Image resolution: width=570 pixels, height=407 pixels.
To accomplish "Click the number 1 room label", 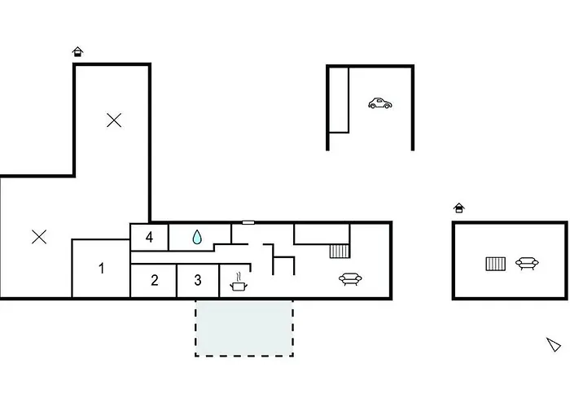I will pos(102,268).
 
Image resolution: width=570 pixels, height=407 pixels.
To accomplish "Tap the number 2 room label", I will pos(154,281).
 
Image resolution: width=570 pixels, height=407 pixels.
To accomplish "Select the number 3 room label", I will pos(198,281).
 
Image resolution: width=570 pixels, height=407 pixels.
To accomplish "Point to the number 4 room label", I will pos(149,238).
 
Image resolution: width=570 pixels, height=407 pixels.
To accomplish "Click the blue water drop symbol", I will pos(196,237).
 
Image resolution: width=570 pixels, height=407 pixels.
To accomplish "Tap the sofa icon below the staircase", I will pos(351,279).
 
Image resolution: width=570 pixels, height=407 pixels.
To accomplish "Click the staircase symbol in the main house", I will pos(340,251).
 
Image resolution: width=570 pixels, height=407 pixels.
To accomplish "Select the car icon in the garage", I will pos(380,103).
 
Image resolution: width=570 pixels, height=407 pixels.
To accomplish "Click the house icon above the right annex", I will pos(459,208).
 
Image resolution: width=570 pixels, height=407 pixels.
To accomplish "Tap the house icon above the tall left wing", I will pos(77,51).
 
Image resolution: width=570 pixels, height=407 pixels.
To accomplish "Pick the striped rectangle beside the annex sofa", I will pos(495,264).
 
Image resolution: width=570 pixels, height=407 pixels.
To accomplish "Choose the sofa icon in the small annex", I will pos(526,263).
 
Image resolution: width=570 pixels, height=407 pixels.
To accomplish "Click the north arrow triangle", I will pos(554,344).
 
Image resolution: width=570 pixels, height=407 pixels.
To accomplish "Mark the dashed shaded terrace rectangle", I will pos(243,327).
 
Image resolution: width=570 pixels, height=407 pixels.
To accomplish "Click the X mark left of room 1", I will pos(38,237).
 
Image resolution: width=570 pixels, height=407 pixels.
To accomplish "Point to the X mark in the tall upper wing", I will pos(114,120).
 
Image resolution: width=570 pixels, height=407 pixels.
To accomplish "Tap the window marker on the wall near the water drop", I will pos(248,222).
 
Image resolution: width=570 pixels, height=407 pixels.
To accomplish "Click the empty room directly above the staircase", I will pos(322,233).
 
